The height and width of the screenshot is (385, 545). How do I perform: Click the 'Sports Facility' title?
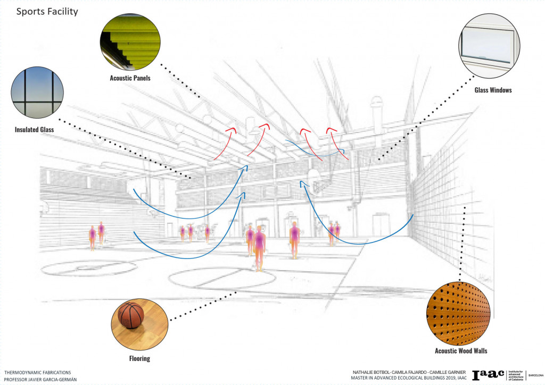(47, 11)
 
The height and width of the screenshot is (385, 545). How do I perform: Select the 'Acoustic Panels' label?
(130, 78)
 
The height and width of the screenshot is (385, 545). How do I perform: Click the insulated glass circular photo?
(37, 94)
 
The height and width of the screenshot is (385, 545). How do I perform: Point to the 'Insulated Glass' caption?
(35, 129)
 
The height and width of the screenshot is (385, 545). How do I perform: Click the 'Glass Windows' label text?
(493, 90)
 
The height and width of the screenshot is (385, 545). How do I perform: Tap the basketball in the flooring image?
(130, 315)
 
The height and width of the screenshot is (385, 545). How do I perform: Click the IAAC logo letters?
(488, 375)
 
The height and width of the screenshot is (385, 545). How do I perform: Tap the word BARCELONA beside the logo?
(535, 375)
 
